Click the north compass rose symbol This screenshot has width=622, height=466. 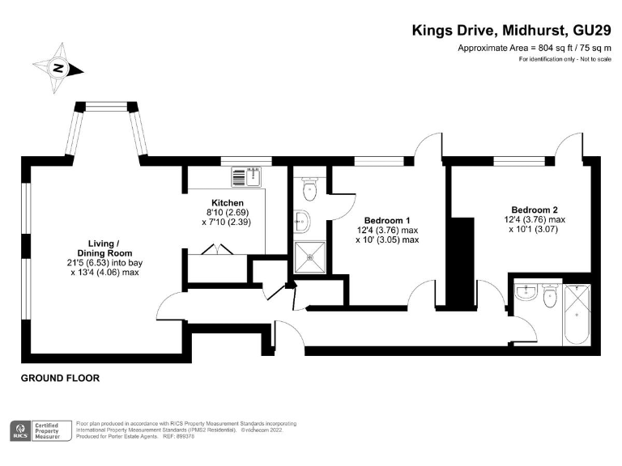click(x=58, y=69)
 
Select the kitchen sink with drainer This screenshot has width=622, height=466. click(x=248, y=176)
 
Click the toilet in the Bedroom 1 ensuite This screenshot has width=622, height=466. click(x=307, y=189)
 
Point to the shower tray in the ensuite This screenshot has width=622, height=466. click(x=308, y=257)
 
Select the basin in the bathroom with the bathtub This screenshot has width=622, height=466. click(x=526, y=293)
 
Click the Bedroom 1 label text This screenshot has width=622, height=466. click(x=387, y=220)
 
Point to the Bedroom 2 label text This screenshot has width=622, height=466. click(x=533, y=208)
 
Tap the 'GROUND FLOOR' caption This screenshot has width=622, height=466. click(x=59, y=378)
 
